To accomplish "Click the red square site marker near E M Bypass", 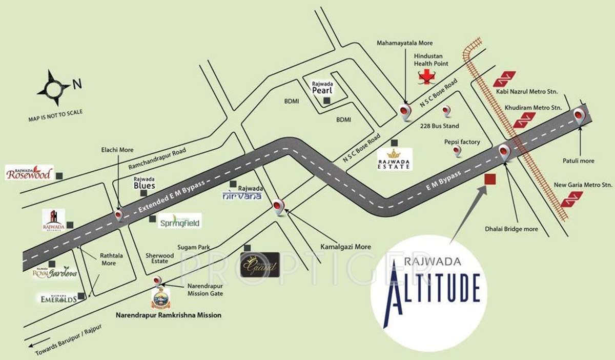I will [x=490, y=179].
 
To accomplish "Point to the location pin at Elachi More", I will [x=119, y=214].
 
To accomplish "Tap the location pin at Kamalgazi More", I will [x=278, y=206].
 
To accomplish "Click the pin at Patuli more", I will [x=580, y=116].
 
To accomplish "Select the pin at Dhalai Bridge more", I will [x=504, y=151].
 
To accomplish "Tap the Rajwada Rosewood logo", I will [x=29, y=173].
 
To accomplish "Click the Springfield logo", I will [x=179, y=221].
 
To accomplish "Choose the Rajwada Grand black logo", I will [x=260, y=265].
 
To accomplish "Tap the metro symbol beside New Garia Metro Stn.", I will [x=571, y=198].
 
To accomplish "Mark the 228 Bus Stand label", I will [x=440, y=126].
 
